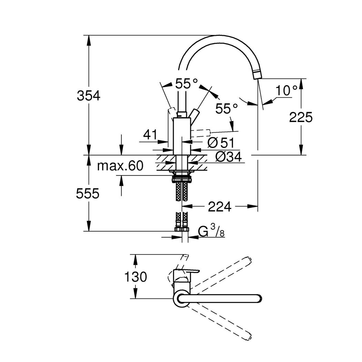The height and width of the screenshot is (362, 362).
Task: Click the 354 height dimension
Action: tap(89, 95)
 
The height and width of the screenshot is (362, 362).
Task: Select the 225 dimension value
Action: tap(301, 117)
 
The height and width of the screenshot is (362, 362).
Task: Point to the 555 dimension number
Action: tap(88, 193)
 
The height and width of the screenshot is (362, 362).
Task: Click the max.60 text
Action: tap(120, 166)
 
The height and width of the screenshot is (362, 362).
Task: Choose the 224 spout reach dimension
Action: tap(220, 207)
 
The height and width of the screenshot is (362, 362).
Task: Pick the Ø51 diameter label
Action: tap(221, 143)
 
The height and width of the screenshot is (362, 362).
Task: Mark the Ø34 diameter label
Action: tap(229, 157)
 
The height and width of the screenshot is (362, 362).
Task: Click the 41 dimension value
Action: tap(150, 134)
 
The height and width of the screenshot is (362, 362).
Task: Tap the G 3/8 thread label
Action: tap(211, 231)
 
